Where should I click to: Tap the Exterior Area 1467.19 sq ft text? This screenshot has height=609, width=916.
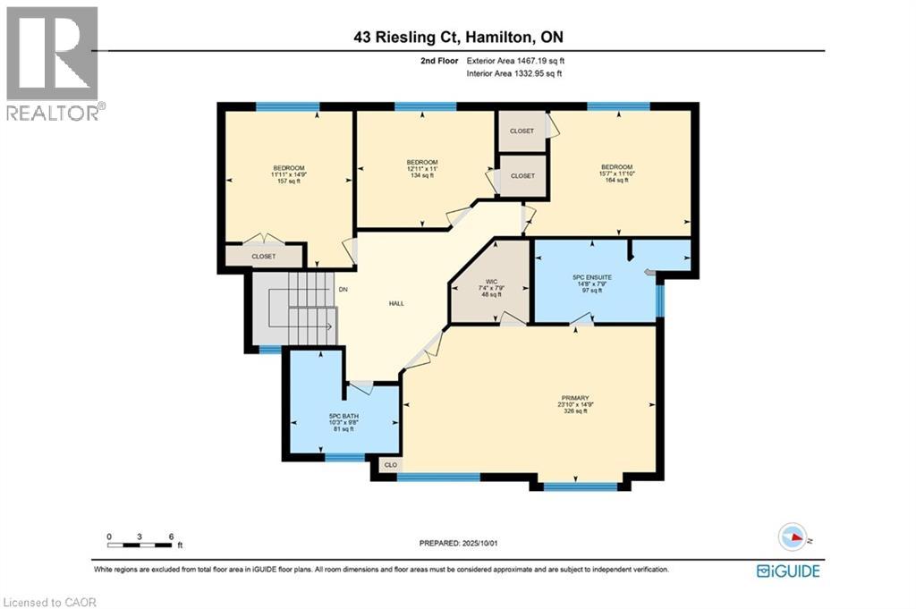click(515, 61)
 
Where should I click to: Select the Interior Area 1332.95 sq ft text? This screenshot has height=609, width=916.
click(515, 73)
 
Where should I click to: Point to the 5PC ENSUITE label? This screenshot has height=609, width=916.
click(592, 278)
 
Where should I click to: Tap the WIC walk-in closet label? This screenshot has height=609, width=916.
click(491, 280)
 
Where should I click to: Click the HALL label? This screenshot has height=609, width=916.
click(395, 303)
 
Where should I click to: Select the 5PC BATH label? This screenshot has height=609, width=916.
click(343, 415)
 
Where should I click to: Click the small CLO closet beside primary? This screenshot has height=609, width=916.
click(390, 465)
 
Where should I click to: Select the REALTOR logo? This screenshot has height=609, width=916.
click(54, 63)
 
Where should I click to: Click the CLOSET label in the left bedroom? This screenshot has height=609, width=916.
click(263, 256)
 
